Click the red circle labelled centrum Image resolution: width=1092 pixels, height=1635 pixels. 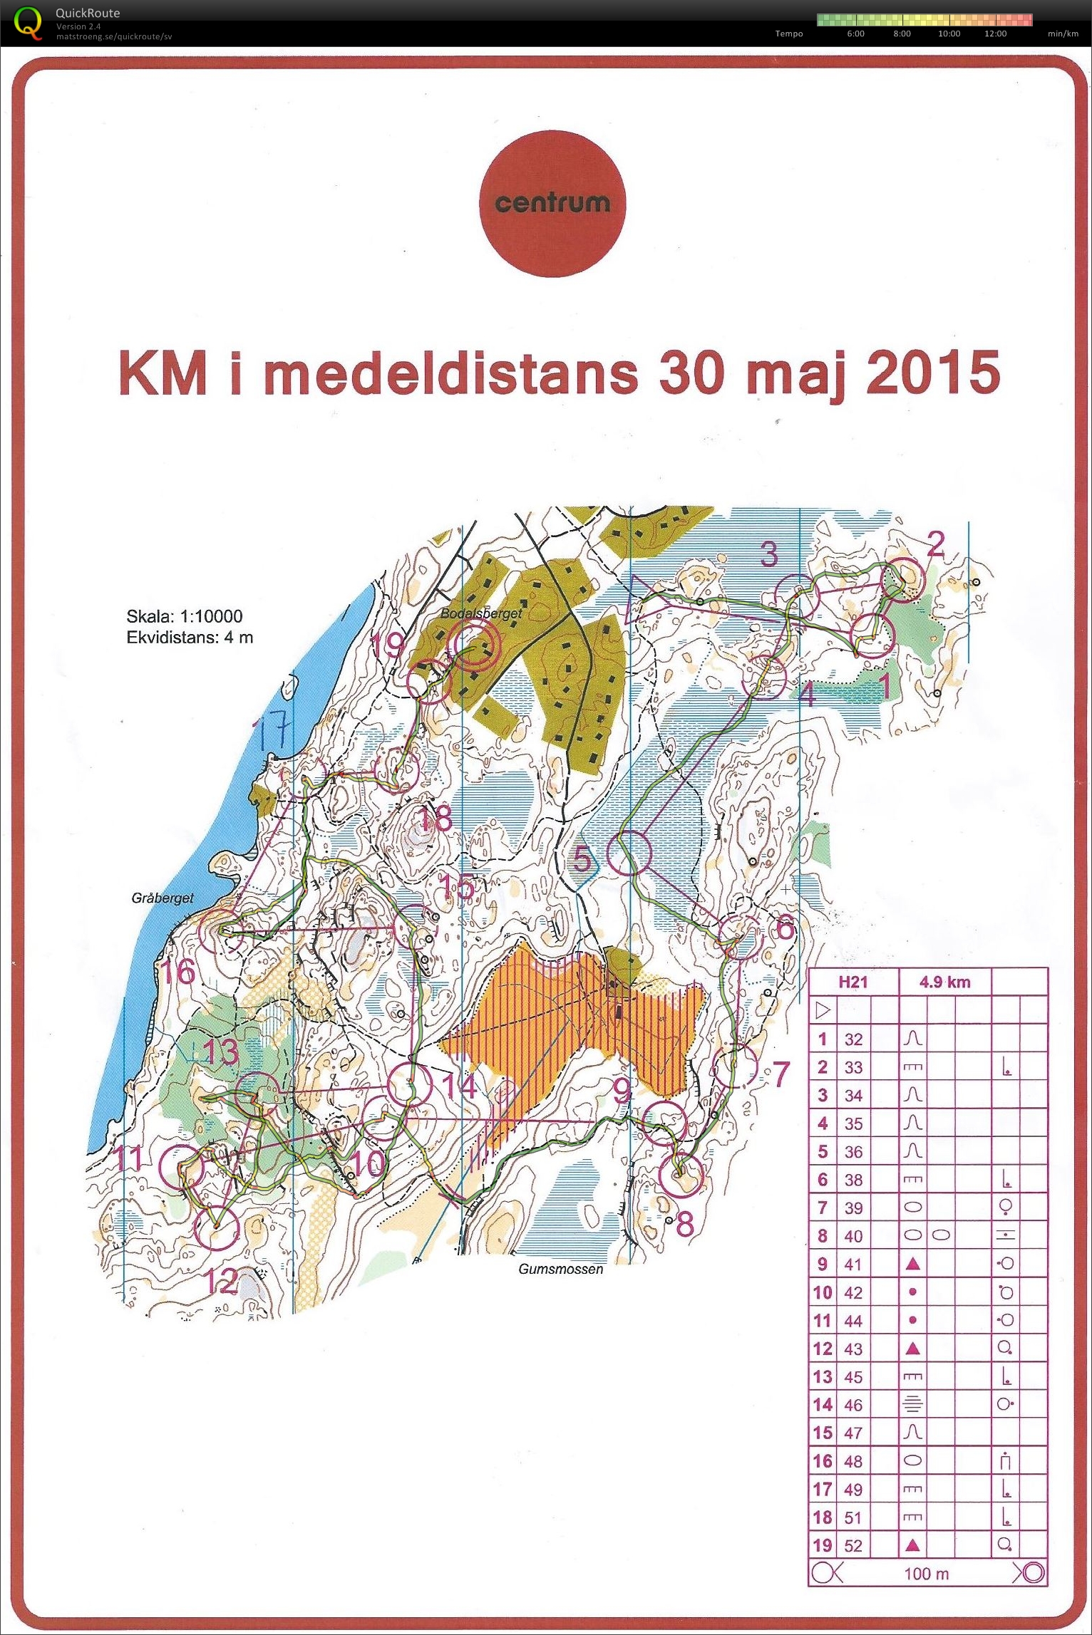(x=552, y=204)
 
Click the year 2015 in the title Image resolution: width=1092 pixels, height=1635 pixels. (x=933, y=373)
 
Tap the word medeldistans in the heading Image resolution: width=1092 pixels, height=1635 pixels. (x=450, y=373)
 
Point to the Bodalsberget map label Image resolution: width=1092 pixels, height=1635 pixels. (x=481, y=613)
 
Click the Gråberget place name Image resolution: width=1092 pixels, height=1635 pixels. (x=163, y=898)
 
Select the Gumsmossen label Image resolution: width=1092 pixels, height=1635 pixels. (x=560, y=1269)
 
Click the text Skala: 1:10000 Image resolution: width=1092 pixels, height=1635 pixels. (x=184, y=616)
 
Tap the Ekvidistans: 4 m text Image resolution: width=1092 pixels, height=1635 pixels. (x=190, y=637)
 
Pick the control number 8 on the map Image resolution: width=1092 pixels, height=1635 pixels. (x=684, y=1225)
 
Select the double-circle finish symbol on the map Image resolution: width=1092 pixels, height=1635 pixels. (x=473, y=645)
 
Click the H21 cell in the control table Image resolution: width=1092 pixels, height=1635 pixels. (x=853, y=982)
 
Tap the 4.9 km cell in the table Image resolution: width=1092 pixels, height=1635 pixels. (x=944, y=982)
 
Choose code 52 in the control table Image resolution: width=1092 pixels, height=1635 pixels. (x=853, y=1545)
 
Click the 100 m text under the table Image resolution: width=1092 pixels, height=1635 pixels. (x=926, y=1573)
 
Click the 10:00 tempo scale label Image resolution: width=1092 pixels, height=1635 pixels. (x=949, y=33)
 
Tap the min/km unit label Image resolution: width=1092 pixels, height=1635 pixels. (x=1062, y=33)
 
